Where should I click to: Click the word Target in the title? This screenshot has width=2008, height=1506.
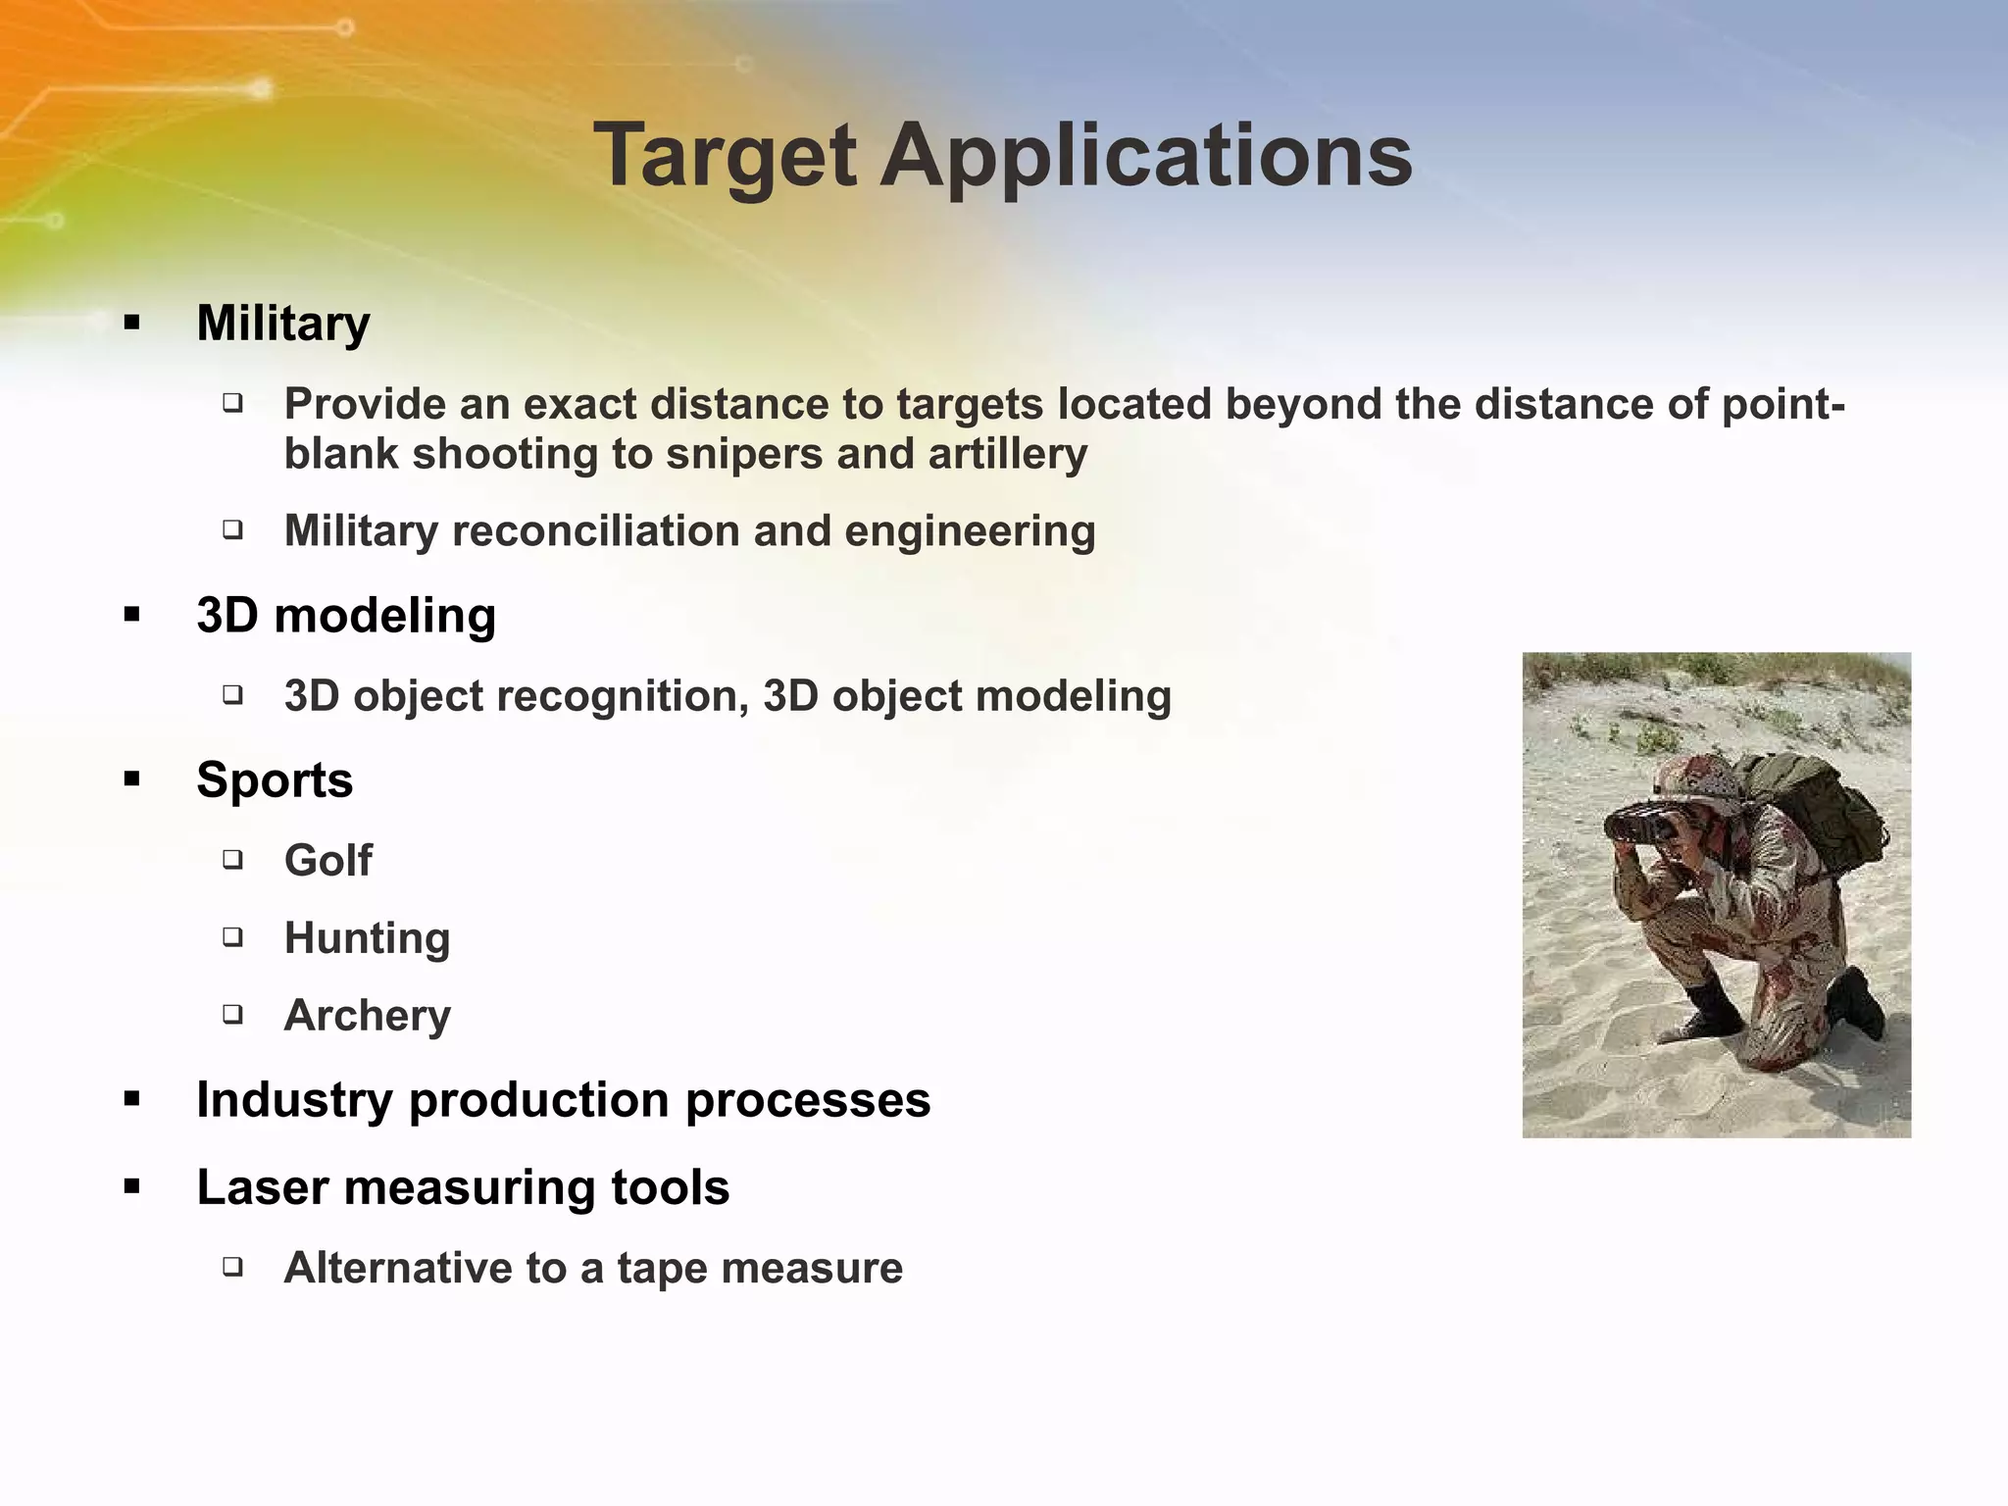point(725,157)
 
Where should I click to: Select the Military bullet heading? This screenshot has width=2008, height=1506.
point(283,324)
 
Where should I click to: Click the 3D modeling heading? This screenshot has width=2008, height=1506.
point(346,616)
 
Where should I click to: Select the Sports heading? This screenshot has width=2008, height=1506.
point(275,780)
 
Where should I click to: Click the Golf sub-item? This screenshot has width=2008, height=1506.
point(327,861)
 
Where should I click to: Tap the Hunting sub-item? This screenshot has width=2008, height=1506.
point(367,938)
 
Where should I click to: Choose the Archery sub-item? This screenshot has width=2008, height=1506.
point(367,1015)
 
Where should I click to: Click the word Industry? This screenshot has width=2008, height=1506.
point(294,1100)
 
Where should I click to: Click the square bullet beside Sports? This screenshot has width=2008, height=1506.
point(132,780)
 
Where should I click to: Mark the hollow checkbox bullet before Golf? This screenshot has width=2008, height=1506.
point(232,860)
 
